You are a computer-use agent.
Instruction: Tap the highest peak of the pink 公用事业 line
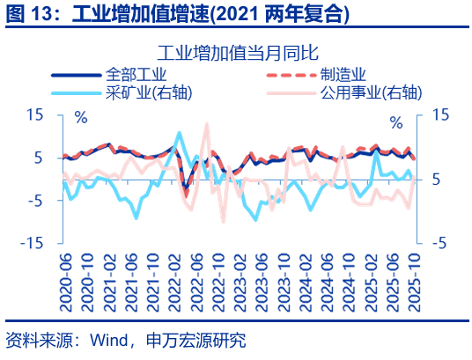click(207, 124)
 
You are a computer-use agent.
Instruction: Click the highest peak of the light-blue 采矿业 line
click(180, 133)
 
